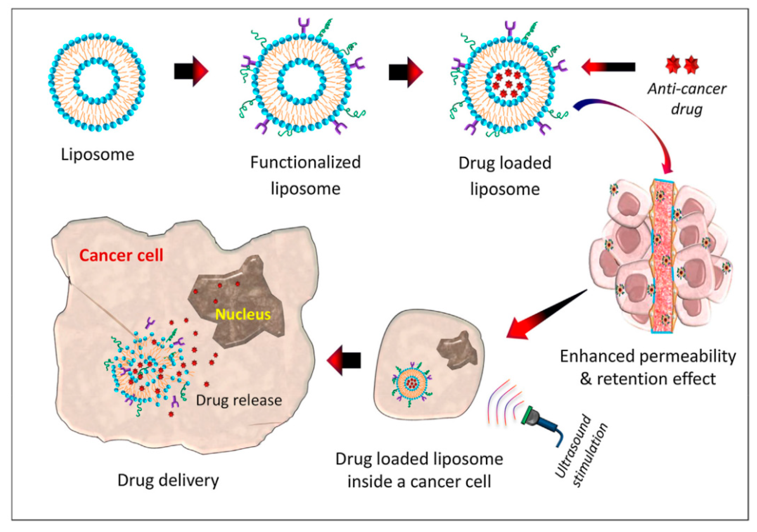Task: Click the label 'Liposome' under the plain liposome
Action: [98, 154]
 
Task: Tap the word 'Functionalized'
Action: [306, 162]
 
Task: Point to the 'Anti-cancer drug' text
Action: [687, 99]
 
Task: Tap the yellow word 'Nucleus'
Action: [243, 315]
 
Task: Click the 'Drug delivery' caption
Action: [168, 480]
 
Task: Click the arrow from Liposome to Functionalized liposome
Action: [191, 71]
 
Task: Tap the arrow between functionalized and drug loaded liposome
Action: [406, 72]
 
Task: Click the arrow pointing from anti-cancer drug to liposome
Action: [608, 67]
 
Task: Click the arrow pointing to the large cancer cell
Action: [343, 360]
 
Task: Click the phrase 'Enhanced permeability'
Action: [648, 356]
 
